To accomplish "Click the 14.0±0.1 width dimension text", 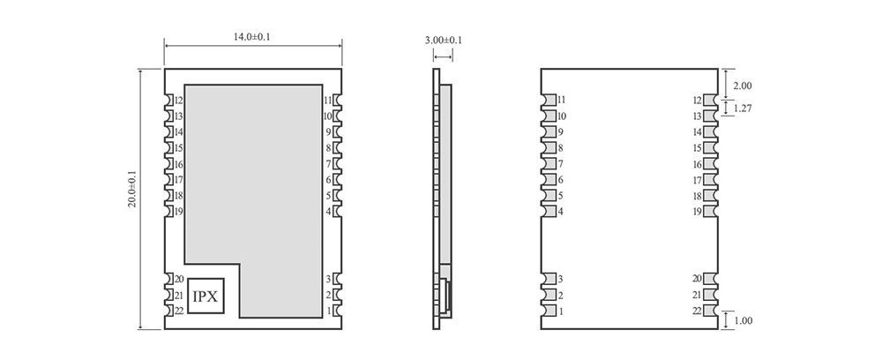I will (x=252, y=37).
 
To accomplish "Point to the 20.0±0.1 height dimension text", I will (x=131, y=189).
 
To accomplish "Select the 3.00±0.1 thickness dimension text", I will (x=443, y=41).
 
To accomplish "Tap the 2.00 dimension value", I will (x=743, y=86).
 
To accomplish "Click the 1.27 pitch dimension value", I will (x=743, y=109).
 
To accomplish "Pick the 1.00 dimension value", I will (x=743, y=321).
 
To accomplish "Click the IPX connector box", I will (x=205, y=296).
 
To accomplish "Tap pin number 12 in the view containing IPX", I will (x=179, y=101).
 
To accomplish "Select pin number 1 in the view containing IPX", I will (x=328, y=311).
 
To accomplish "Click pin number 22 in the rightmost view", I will (x=697, y=311).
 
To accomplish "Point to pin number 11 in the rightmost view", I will (x=562, y=101).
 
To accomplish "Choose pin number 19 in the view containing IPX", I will (x=179, y=212).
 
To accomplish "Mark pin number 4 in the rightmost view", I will (x=561, y=212).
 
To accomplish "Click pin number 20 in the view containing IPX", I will (x=179, y=280).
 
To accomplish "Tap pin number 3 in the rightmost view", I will (x=560, y=280).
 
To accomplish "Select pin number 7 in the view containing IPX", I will (x=328, y=164).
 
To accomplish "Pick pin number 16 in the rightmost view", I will (x=697, y=164).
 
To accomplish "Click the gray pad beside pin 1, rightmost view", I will (x=548, y=311).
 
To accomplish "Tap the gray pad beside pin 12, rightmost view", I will (x=711, y=101).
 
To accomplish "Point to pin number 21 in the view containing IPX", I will (x=179, y=296).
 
